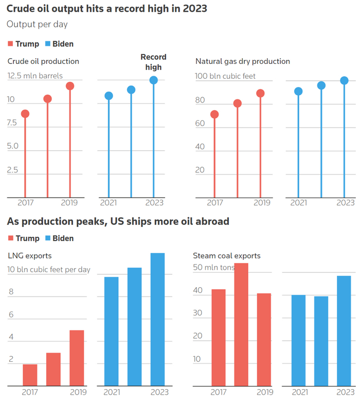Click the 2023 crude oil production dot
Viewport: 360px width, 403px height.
point(154,80)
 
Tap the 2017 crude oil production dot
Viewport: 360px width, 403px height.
point(25,114)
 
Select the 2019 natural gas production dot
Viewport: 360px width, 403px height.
point(261,93)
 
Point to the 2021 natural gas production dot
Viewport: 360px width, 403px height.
point(298,92)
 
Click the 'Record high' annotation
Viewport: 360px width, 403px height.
point(153,62)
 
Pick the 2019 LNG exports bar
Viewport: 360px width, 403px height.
point(77,358)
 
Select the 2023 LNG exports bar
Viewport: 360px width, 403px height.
point(157,319)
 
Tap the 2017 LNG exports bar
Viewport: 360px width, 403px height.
point(30,375)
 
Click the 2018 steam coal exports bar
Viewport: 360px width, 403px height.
point(241,324)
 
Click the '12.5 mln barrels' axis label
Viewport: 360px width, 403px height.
point(35,76)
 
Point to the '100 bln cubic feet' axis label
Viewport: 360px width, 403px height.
point(225,76)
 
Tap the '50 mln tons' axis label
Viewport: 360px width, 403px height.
point(214,268)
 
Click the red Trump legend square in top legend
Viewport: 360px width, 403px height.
point(11,44)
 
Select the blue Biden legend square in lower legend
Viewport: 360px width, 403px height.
point(48,238)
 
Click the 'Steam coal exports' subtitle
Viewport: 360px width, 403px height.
point(226,255)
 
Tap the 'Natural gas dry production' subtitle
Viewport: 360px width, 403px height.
point(243,61)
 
